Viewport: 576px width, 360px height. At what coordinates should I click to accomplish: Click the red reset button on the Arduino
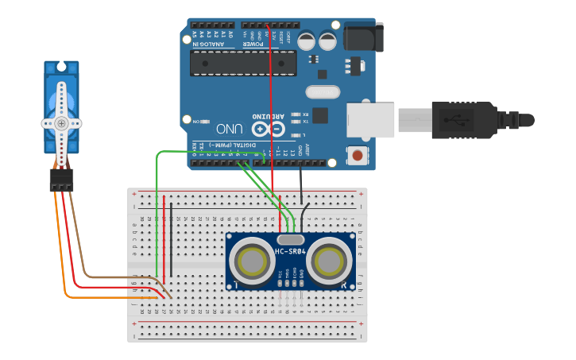358,155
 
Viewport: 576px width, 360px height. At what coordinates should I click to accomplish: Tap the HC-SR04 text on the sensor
291,252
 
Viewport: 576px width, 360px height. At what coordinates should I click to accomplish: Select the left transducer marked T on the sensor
253,261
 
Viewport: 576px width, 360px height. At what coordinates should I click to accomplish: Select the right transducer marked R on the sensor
329,261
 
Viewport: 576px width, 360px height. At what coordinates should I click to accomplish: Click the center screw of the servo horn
61,122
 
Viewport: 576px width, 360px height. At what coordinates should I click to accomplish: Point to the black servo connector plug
61,180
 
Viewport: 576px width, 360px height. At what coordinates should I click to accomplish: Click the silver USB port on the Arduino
370,120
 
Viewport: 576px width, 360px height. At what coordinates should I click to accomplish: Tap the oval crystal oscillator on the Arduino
322,92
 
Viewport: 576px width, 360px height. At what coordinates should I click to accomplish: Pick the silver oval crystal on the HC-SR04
291,238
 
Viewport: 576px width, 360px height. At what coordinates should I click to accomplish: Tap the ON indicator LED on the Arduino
205,122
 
